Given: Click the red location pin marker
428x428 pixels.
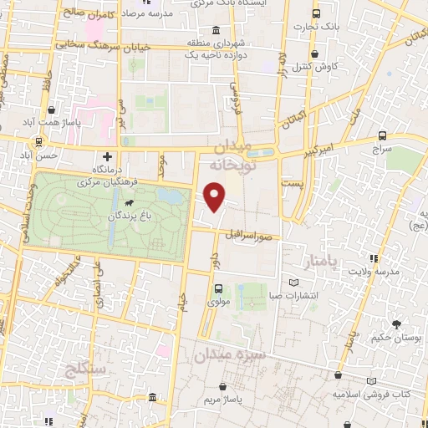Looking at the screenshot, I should pos(215,196).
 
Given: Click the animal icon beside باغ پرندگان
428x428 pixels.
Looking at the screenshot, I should pos(130,203).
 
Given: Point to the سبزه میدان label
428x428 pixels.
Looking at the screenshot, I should pos(230,354).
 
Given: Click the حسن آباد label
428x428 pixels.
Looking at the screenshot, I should pos(42,155).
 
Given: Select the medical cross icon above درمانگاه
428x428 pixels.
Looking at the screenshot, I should pos(107,156).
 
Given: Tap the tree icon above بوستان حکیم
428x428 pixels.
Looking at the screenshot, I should pos(395,324).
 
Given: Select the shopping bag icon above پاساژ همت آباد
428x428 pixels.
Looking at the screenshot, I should pos(52,110).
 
